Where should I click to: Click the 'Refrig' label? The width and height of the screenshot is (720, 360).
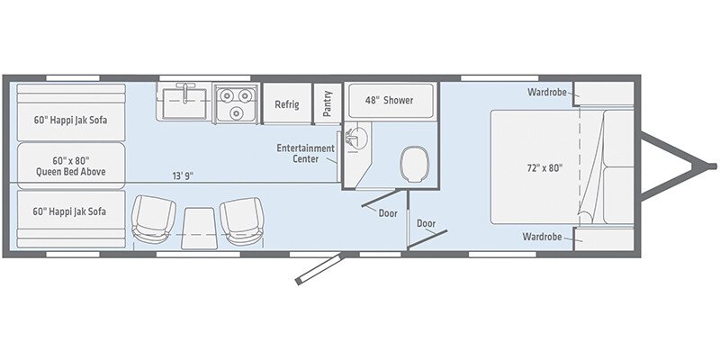pos(286,103)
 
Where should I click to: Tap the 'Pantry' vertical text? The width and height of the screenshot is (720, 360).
pos(328,103)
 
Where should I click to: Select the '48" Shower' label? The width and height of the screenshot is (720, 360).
pos(389,100)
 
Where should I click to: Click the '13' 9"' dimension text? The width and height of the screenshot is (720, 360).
pos(183,175)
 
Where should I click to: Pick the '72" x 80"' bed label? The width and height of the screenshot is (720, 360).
pos(538,167)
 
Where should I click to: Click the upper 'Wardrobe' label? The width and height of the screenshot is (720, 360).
pos(545,92)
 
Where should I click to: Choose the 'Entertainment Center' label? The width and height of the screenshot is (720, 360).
pos(305,153)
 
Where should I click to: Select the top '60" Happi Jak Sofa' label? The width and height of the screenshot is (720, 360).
pos(69,120)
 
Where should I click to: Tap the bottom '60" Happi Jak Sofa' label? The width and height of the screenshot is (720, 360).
pos(69,211)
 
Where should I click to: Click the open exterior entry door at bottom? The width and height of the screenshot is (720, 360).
pos(318,268)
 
